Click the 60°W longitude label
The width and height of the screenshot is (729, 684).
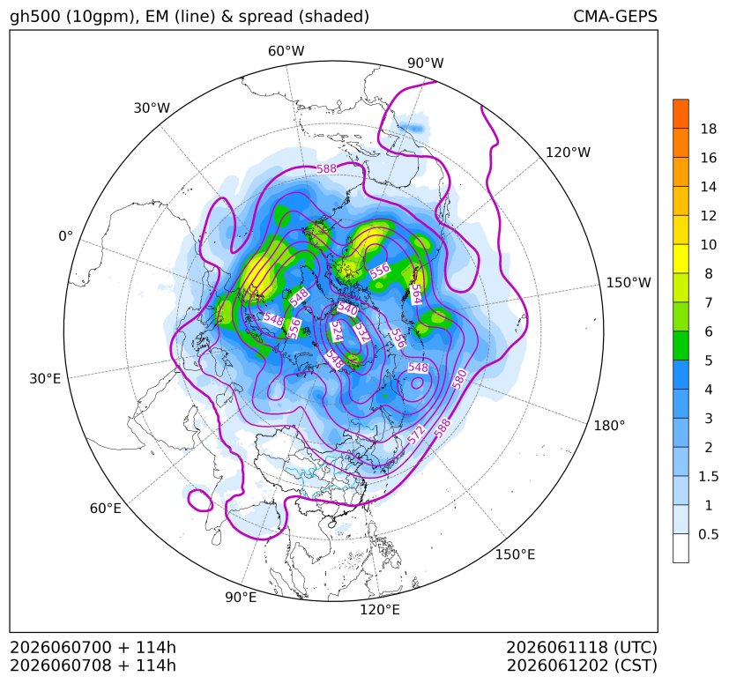[x=286, y=51]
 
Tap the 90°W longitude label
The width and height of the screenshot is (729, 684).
[x=426, y=63]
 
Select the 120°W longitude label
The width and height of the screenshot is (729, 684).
[x=568, y=152]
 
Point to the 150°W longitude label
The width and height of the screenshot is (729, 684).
[x=629, y=282]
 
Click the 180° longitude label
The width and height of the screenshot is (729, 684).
[x=609, y=425]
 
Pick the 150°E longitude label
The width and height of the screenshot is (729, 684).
[x=515, y=554]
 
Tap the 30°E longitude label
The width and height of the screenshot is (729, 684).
[x=45, y=378]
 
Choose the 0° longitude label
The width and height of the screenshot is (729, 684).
[x=66, y=236]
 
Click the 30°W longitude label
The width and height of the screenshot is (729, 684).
[x=152, y=108]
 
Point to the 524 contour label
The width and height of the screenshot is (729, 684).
[x=336, y=331]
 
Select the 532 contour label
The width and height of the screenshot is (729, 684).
[x=361, y=332]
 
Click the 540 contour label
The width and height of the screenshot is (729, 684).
[x=347, y=309]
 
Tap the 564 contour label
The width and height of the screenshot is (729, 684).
[x=417, y=294]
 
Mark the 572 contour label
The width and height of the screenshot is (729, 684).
[x=416, y=435]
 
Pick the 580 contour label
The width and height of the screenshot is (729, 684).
[x=459, y=379]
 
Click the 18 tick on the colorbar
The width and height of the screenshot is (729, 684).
[x=709, y=129]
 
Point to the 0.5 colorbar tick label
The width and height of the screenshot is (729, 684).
[x=708, y=534]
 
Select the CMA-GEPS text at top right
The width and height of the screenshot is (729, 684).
[x=615, y=16]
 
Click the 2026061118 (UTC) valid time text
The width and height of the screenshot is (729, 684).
[x=582, y=647]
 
